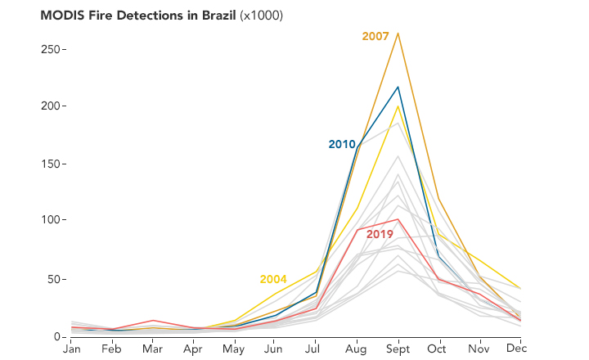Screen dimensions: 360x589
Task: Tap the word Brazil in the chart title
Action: click(x=214, y=16)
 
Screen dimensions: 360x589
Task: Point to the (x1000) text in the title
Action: click(x=261, y=16)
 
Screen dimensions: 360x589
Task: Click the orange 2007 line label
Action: click(x=375, y=36)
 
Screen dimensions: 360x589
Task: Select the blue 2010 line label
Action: click(x=342, y=144)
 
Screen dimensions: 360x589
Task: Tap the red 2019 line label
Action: click(x=380, y=234)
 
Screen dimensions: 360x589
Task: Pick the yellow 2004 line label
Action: click(x=273, y=279)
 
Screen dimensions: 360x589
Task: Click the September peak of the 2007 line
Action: click(x=398, y=34)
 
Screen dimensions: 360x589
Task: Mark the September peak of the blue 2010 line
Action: click(x=398, y=87)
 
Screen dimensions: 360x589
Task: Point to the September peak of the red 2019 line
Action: click(x=398, y=219)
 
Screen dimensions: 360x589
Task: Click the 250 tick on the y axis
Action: click(x=52, y=48)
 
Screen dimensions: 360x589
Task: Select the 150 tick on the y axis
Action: click(x=52, y=164)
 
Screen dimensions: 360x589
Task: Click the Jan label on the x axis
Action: click(x=72, y=349)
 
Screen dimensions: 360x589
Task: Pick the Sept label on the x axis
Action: click(x=398, y=349)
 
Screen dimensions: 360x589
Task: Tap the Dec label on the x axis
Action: click(x=516, y=349)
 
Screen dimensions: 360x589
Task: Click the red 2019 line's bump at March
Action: click(x=153, y=321)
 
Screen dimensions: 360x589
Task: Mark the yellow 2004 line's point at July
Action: click(x=316, y=272)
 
